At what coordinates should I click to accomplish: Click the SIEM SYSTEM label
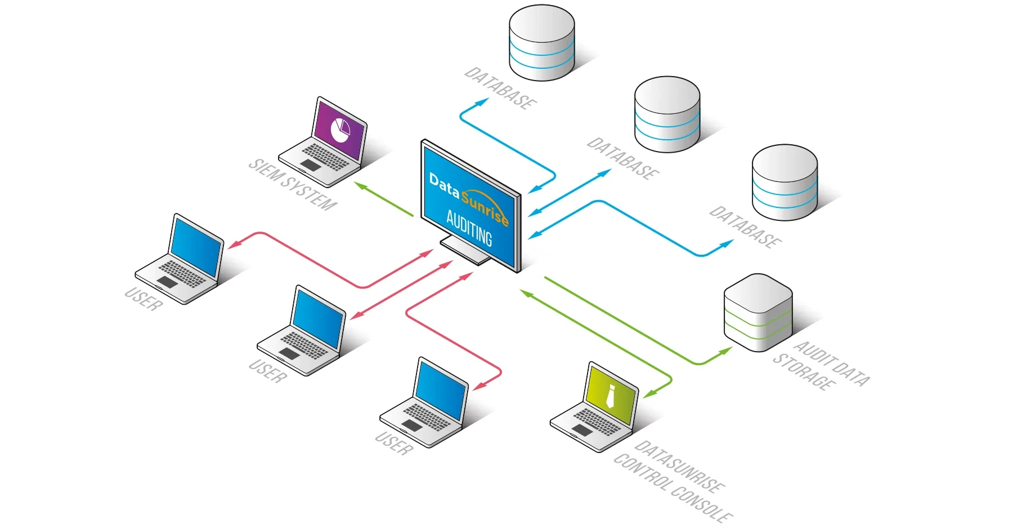292,185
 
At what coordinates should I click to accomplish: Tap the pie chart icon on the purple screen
340,130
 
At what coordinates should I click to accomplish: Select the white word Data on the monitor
444,185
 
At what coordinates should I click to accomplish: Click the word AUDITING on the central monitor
469,228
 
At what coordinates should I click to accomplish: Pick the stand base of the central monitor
467,251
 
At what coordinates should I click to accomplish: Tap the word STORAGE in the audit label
803,372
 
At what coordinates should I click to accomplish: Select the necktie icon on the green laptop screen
611,396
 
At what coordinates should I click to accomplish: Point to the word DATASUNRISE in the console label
679,466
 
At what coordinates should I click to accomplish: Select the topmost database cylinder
541,43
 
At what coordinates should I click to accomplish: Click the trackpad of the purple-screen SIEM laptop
310,165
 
